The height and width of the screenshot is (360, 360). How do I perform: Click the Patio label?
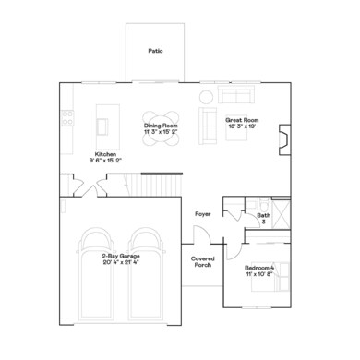155,51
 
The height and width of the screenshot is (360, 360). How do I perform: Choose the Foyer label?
202,214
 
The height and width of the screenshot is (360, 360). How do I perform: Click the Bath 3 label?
263,218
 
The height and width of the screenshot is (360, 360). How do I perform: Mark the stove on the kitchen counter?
66,116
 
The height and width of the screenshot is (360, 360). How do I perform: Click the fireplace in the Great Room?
286,137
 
